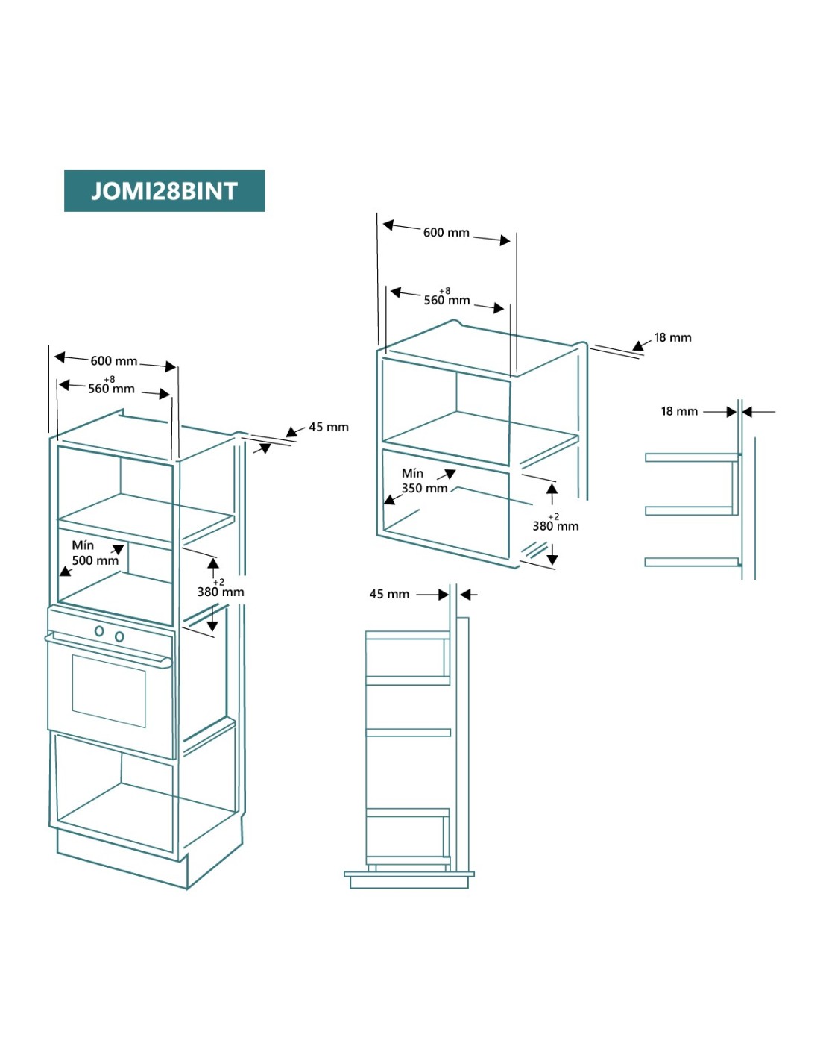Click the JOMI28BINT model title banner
pyautogui.click(x=164, y=191)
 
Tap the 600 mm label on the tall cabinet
pyautogui.click(x=114, y=361)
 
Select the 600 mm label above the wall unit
pyautogui.click(x=446, y=233)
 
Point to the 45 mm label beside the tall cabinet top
pyautogui.click(x=328, y=427)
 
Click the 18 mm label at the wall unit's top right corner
pyautogui.click(x=672, y=337)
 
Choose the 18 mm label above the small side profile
pyautogui.click(x=679, y=411)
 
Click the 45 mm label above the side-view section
pyautogui.click(x=389, y=595)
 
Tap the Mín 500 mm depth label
pyautogui.click(x=95, y=553)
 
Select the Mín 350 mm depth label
pyautogui.click(x=423, y=481)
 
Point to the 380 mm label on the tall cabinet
pyautogui.click(x=221, y=592)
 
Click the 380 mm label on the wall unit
pyautogui.click(x=555, y=526)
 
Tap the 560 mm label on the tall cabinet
pyautogui.click(x=111, y=388)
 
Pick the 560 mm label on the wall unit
pyautogui.click(x=447, y=300)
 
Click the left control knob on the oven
pyautogui.click(x=99, y=631)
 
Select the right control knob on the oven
pyautogui.click(x=119, y=636)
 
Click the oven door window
pyautogui.click(x=109, y=690)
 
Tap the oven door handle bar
pyautogui.click(x=108, y=648)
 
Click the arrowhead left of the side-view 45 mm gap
pyautogui.click(x=444, y=595)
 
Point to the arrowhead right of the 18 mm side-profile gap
pyautogui.click(x=747, y=411)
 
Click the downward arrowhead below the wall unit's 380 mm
pyautogui.click(x=552, y=560)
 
